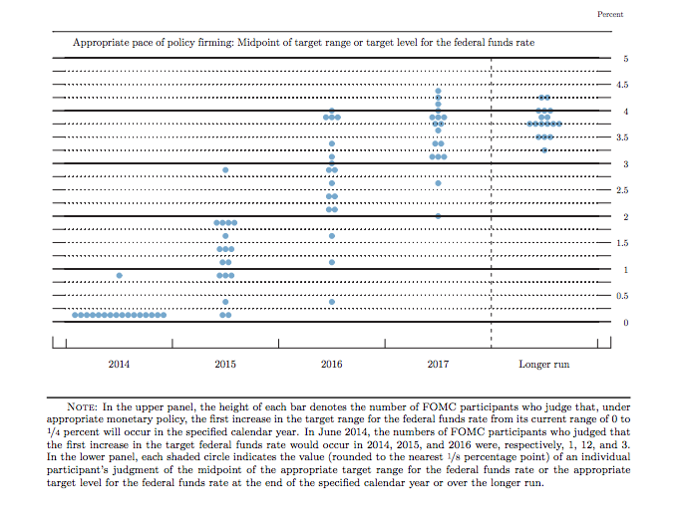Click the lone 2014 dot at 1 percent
coord(120,275)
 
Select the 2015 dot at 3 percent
coord(225,169)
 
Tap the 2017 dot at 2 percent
coord(438,216)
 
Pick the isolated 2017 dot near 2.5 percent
coord(438,183)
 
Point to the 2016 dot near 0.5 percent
coord(331,301)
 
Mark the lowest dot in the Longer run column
coord(543,150)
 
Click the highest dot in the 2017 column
coord(438,91)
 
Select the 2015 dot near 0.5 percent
coord(225,301)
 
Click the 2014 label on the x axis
coord(120,365)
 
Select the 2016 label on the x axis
coord(331,365)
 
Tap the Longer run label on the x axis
coord(543,365)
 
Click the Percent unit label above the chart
coord(609,14)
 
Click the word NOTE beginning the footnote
coord(82,406)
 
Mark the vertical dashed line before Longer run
coord(492,199)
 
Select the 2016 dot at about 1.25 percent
coord(331,262)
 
